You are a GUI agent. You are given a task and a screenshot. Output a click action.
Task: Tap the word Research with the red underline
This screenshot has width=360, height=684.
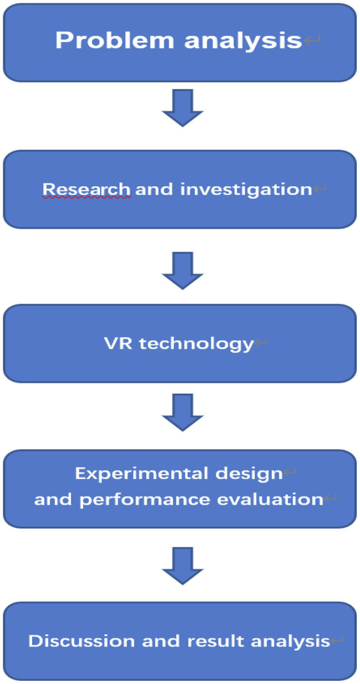click(x=87, y=189)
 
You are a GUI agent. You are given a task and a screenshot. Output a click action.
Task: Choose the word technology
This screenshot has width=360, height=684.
click(x=196, y=344)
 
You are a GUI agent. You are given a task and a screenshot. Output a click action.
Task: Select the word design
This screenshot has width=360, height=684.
click(x=252, y=474)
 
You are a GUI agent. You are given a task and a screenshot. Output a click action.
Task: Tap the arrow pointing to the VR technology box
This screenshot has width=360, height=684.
click(x=182, y=271)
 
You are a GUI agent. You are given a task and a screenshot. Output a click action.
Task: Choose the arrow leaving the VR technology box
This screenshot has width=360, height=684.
click(x=182, y=412)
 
